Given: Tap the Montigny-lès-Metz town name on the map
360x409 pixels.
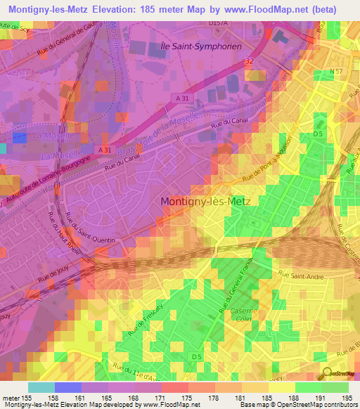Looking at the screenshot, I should [x=210, y=200].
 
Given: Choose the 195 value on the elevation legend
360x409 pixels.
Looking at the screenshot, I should [x=347, y=397].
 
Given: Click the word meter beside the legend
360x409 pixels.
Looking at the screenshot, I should [x=11, y=397].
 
